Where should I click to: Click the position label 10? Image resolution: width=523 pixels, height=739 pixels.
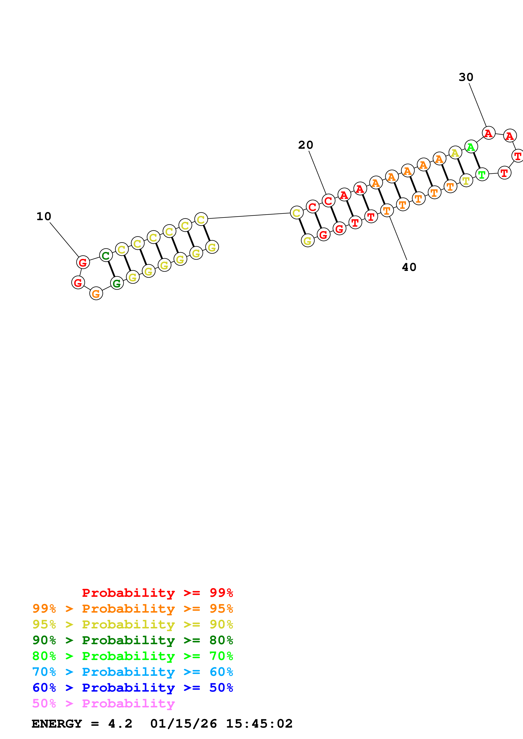tap(44, 216)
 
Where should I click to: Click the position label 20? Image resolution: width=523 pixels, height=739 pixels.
tap(305, 145)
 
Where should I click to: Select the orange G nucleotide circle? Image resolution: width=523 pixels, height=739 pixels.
tap(96, 293)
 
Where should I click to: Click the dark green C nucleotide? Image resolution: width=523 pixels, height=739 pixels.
tap(106, 256)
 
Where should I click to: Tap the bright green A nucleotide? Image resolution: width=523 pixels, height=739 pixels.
tap(471, 147)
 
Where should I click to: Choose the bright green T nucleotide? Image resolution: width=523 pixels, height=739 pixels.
tap(482, 174)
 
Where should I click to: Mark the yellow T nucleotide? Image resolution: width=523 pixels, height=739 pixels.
tap(466, 180)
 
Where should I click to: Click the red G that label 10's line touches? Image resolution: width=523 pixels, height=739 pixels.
tap(83, 262)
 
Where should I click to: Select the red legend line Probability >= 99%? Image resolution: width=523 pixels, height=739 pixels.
tap(157, 593)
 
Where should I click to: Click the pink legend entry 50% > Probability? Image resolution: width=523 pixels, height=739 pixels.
tap(103, 703)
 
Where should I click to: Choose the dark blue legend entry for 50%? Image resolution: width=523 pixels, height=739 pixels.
tap(132, 688)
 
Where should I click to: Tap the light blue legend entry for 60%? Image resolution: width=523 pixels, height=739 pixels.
tap(132, 672)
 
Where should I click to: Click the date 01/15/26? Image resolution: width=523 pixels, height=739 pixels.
tap(183, 724)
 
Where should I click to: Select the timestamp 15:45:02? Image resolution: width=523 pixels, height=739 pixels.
tap(259, 724)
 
